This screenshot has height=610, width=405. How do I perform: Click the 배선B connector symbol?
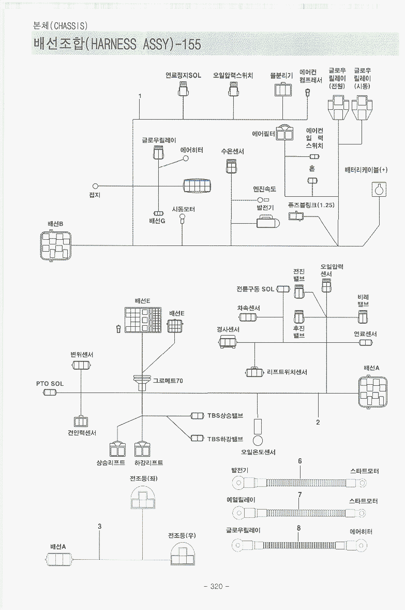(x=55, y=245)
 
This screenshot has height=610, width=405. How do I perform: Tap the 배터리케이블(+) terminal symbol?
(x=380, y=190)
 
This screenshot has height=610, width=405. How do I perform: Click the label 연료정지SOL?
(x=183, y=75)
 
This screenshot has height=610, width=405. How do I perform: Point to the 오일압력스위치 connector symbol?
(x=233, y=91)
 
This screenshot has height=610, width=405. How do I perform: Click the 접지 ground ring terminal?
(x=95, y=186)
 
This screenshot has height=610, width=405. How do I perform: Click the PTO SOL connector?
(x=50, y=393)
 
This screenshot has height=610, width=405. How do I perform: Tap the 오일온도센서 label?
(x=258, y=452)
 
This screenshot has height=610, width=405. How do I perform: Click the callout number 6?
(x=299, y=461)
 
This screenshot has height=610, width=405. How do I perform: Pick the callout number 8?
(x=299, y=528)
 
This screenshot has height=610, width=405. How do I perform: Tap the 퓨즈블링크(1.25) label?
(x=311, y=205)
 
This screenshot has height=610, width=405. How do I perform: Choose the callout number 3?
(x=99, y=526)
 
